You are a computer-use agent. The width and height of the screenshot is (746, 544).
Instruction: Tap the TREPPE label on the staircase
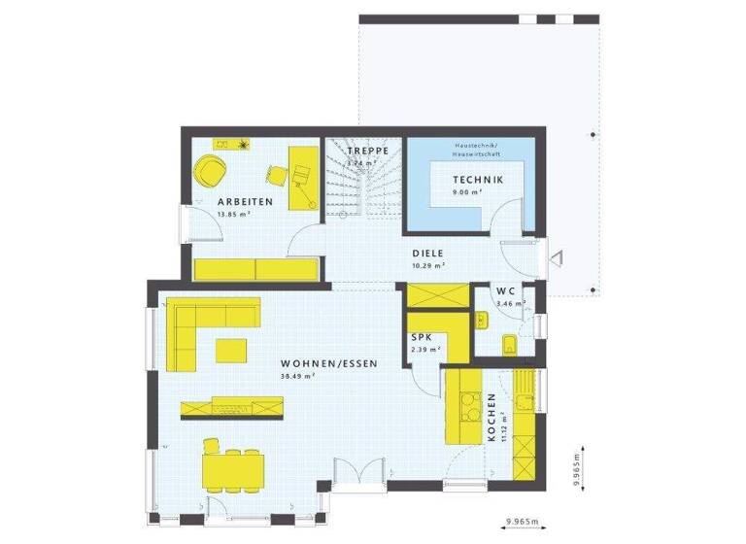(369, 153)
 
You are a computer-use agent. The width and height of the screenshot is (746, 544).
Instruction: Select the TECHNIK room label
(477, 181)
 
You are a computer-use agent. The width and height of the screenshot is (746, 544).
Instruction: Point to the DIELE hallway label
(426, 253)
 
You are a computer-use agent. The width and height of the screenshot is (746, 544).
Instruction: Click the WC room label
(505, 291)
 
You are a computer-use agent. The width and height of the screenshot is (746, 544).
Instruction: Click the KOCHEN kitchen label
(492, 418)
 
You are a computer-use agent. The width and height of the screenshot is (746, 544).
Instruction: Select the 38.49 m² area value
(296, 376)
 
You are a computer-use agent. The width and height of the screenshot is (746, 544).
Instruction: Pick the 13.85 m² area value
(233, 214)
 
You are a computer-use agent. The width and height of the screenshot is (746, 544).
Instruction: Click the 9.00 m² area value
(470, 192)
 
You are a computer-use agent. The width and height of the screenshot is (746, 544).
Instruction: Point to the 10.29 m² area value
(427, 264)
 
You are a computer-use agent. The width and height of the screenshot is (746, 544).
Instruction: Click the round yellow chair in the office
(209, 172)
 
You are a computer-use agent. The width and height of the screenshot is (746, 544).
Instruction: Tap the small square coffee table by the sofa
(231, 348)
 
